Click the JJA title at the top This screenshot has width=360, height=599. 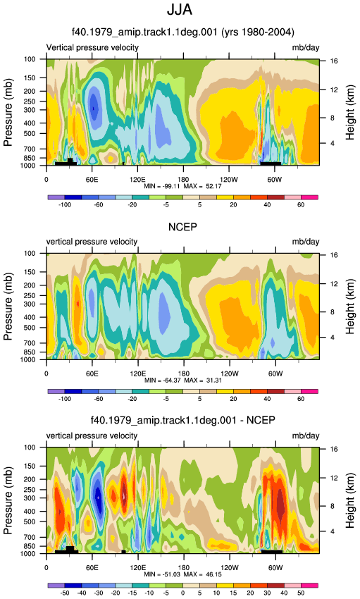[180, 10]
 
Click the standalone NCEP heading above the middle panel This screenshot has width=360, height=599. [183, 227]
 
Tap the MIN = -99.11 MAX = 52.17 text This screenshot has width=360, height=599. [182, 187]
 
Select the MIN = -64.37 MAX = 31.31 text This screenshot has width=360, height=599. [183, 381]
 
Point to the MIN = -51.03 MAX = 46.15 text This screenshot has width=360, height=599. [183, 574]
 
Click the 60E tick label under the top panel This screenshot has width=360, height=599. [92, 180]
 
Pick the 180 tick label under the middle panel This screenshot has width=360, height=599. [183, 373]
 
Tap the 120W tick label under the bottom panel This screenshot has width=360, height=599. [230, 568]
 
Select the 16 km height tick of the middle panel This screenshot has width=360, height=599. [334, 255]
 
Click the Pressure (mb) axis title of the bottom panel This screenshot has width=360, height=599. [8, 500]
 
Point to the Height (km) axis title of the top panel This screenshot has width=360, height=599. [350, 112]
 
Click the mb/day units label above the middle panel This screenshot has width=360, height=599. [306, 242]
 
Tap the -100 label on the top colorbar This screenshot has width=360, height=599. [65, 205]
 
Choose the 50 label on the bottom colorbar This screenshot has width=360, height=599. [301, 593]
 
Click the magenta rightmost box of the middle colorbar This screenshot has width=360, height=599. [309, 392]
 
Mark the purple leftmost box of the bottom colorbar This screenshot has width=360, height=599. [56, 586]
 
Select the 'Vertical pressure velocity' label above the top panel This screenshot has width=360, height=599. [92, 47]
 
